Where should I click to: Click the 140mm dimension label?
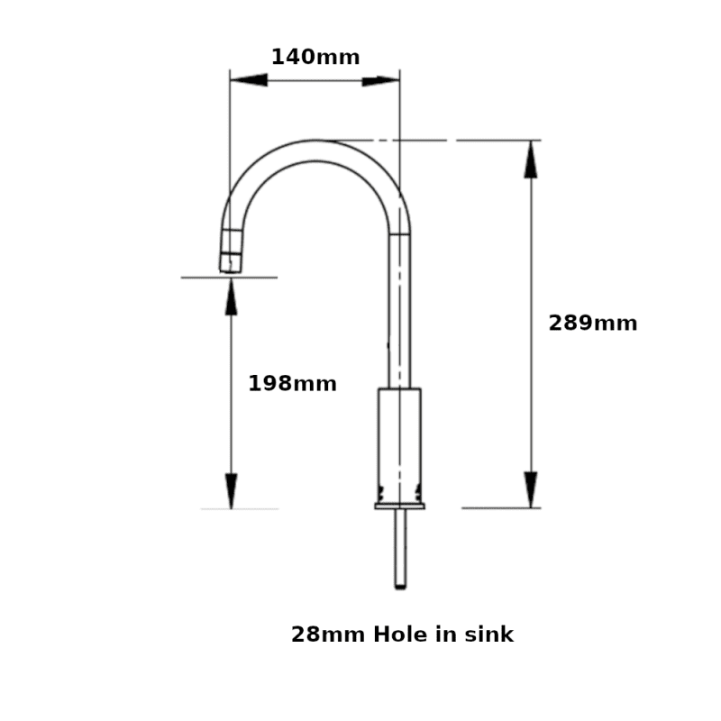pyautogui.click(x=315, y=58)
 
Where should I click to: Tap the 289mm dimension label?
pyautogui.click(x=592, y=324)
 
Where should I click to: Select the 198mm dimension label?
pyautogui.click(x=292, y=384)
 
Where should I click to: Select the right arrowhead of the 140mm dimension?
pyautogui.click(x=380, y=80)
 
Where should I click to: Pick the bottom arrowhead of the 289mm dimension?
pyautogui.click(x=532, y=489)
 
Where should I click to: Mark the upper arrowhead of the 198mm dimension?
pyautogui.click(x=232, y=297)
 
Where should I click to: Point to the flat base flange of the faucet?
pyautogui.click(x=399, y=507)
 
